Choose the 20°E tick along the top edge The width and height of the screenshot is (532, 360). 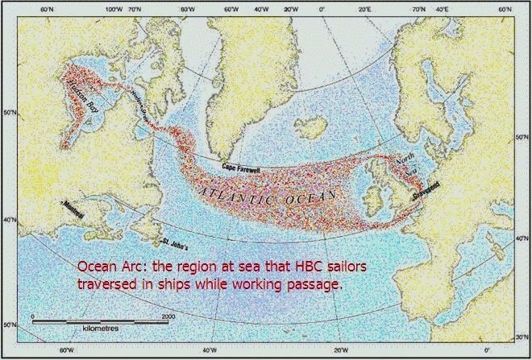coord(364,7)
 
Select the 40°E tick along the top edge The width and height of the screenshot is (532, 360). coord(442,7)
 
